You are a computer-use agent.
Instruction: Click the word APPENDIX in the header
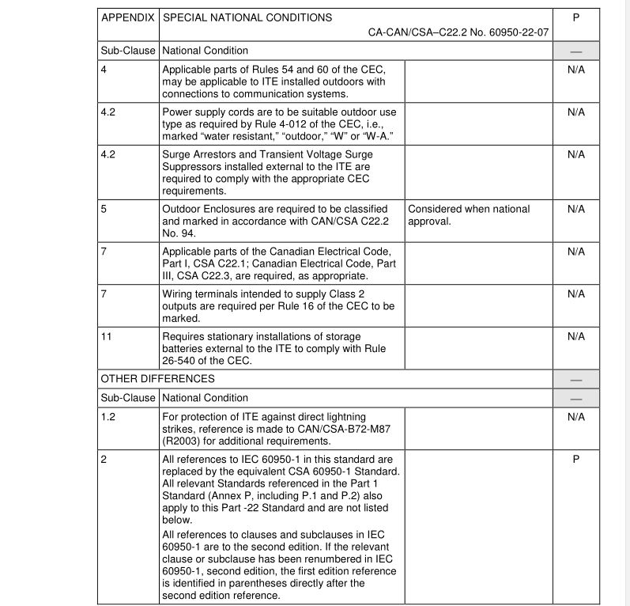pyautogui.click(x=129, y=17)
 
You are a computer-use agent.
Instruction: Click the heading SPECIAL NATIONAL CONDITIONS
pyautogui.click(x=247, y=17)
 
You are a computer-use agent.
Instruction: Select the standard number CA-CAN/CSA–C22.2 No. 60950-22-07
pyautogui.click(x=458, y=33)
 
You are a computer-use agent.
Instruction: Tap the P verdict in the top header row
pyautogui.click(x=575, y=17)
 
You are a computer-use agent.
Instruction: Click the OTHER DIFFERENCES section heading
pyautogui.click(x=157, y=379)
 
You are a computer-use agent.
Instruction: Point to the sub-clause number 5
pyautogui.click(x=104, y=209)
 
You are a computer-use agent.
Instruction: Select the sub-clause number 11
pyautogui.click(x=107, y=336)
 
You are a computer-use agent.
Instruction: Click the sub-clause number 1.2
pyautogui.click(x=108, y=416)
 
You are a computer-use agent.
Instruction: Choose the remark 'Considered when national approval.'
pyautogui.click(x=469, y=215)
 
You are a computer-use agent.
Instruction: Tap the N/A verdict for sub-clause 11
pyautogui.click(x=575, y=336)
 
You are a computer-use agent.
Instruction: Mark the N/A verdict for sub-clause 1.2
pyautogui.click(x=575, y=416)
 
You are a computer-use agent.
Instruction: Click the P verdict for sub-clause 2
pyautogui.click(x=575, y=459)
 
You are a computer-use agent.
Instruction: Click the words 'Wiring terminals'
pyautogui.click(x=198, y=294)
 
